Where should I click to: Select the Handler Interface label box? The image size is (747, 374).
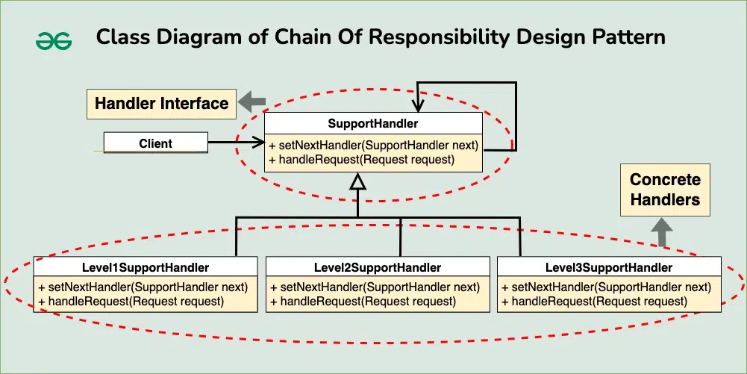click(x=161, y=103)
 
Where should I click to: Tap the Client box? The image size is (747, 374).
click(x=155, y=143)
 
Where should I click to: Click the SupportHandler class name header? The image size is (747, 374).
click(x=373, y=123)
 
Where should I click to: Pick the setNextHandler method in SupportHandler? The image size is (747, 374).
click(x=373, y=145)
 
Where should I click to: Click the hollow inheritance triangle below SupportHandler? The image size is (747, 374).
click(x=358, y=181)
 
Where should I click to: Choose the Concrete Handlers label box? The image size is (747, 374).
click(x=664, y=190)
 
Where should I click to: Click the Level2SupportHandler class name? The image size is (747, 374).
click(x=377, y=267)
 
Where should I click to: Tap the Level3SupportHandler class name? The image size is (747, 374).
click(x=608, y=267)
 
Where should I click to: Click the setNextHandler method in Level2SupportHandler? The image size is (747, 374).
click(x=375, y=287)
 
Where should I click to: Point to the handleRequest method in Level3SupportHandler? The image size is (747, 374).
click(x=594, y=301)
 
